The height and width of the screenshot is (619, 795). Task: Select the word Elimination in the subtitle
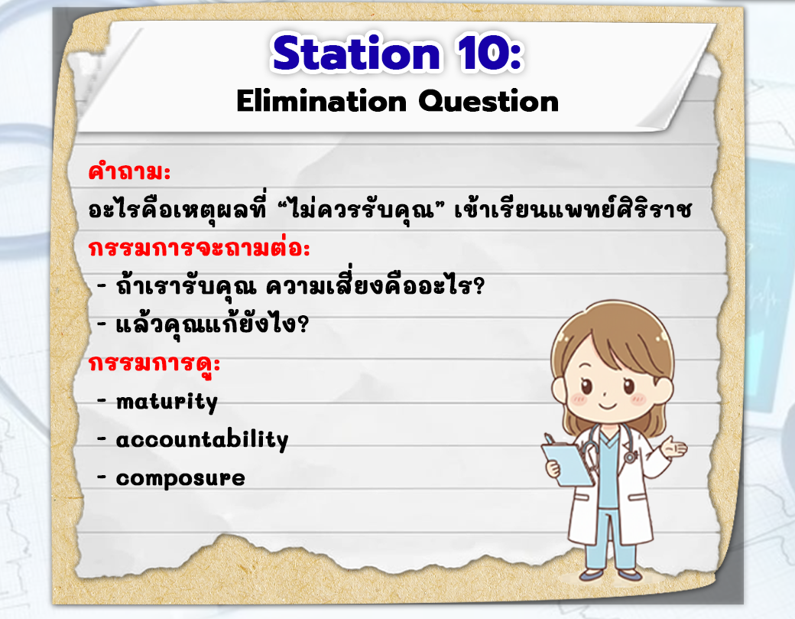click(x=322, y=101)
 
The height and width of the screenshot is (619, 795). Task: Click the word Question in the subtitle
click(x=488, y=102)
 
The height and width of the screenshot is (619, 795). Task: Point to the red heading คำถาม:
click(x=129, y=171)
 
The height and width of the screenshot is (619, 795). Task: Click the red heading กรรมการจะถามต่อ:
click(x=199, y=248)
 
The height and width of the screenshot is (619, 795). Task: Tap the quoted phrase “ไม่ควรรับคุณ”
click(x=360, y=208)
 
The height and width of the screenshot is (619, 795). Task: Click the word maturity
click(x=167, y=402)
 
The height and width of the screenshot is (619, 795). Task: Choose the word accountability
click(x=203, y=440)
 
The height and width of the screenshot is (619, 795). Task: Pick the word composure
click(x=180, y=478)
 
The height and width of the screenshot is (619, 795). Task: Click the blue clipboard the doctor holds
click(x=566, y=463)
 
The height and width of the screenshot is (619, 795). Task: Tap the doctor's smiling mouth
click(x=607, y=406)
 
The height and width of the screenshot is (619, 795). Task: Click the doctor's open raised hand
click(x=674, y=448)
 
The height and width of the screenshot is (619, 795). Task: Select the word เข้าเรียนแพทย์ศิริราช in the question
click(x=573, y=209)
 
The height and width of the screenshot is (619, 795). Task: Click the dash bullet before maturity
click(x=102, y=402)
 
